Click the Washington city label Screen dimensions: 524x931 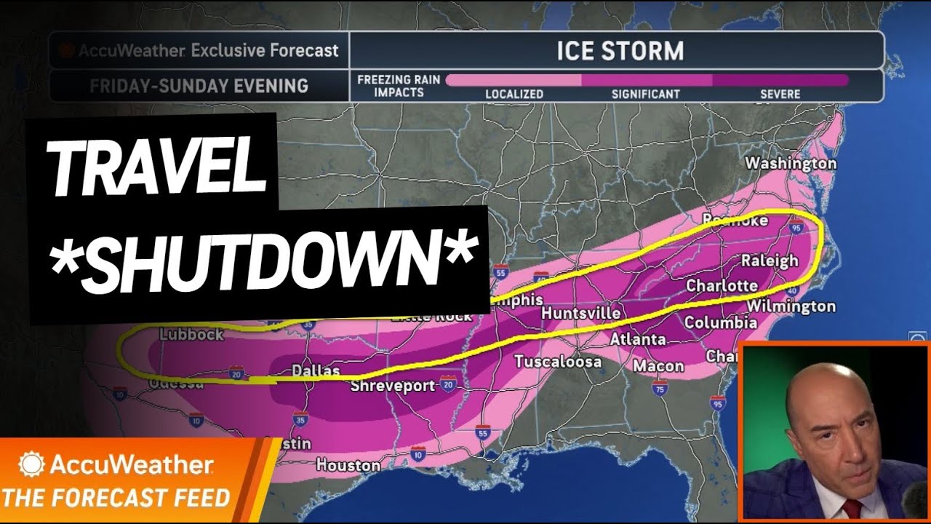point(790,163)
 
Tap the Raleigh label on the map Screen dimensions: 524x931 point(770,261)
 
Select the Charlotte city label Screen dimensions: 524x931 point(722,285)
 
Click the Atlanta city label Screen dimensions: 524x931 point(637,339)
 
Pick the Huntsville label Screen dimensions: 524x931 point(581,314)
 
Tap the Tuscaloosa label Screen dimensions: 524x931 point(558,361)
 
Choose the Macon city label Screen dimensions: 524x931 point(658,365)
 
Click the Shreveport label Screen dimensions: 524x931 point(393,385)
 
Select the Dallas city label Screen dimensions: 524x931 point(316,370)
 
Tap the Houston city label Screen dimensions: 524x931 point(348,465)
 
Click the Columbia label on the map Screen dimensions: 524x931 point(720,322)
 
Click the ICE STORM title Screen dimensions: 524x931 point(620,51)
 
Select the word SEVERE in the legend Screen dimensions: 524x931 point(780,94)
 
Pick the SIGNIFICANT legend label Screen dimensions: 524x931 point(645,94)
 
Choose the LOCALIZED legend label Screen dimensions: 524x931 point(514,94)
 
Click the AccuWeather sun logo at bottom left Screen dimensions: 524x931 point(32,464)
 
